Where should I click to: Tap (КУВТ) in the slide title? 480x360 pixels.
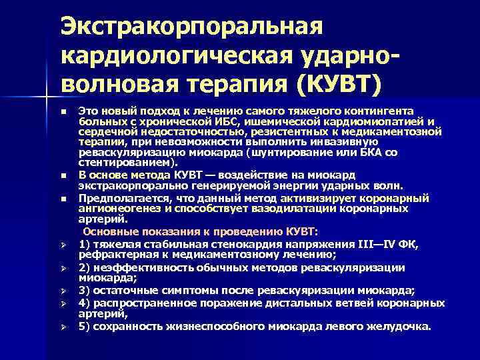pos(341,85)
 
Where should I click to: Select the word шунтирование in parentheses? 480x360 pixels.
pos(285,152)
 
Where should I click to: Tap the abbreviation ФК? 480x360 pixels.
pos(407,244)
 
